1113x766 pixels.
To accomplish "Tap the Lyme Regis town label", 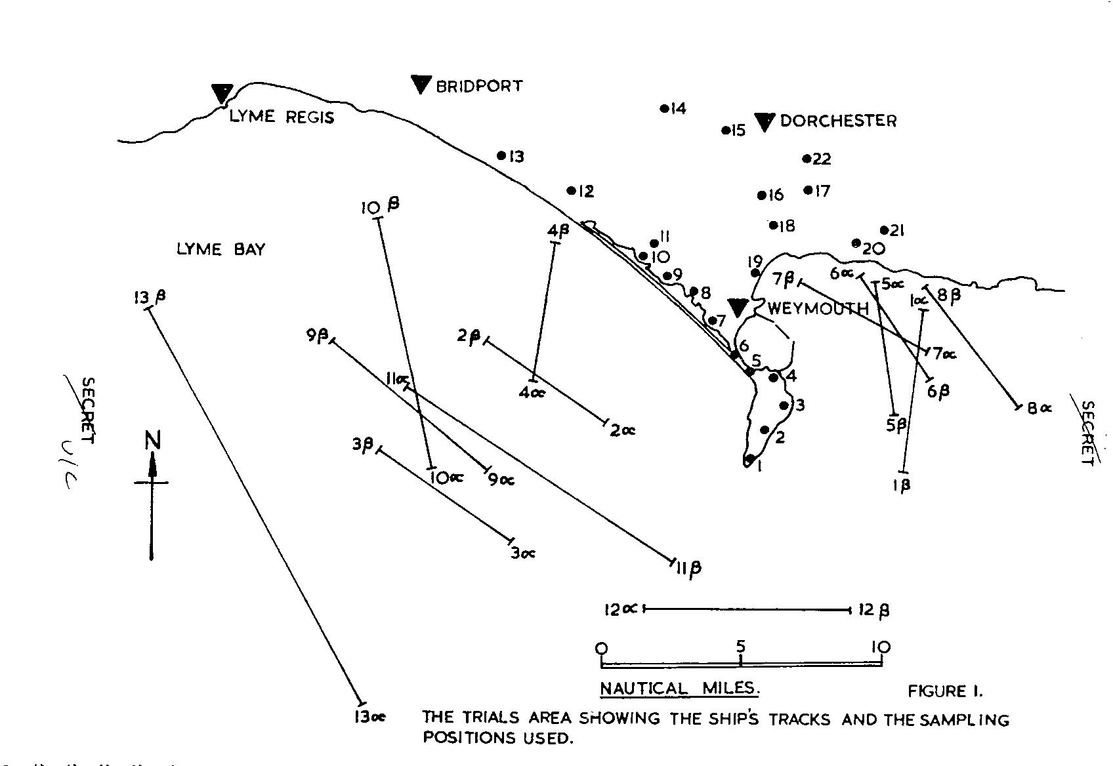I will (281, 117).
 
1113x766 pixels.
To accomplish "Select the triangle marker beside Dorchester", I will (765, 121).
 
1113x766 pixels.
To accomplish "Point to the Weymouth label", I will (817, 309).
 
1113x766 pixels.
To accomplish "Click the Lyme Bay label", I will (220, 250).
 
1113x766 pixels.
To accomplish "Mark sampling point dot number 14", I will (664, 108).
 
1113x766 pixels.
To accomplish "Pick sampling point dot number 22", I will (807, 159).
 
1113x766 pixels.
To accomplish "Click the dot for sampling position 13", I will (501, 156).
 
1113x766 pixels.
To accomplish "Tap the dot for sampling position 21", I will (884, 230).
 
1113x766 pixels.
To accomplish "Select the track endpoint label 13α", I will (369, 717).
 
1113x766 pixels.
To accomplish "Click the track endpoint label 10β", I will (380, 207).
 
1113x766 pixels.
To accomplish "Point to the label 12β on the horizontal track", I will (874, 611).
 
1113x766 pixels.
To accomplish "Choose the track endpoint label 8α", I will (1039, 408).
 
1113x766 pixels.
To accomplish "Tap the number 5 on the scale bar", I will (740, 647).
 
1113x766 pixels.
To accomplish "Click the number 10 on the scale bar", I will (880, 647).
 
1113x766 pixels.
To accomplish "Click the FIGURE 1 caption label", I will (945, 691).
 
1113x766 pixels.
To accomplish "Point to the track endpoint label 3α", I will (522, 554).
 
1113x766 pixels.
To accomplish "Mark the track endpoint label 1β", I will (902, 486).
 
